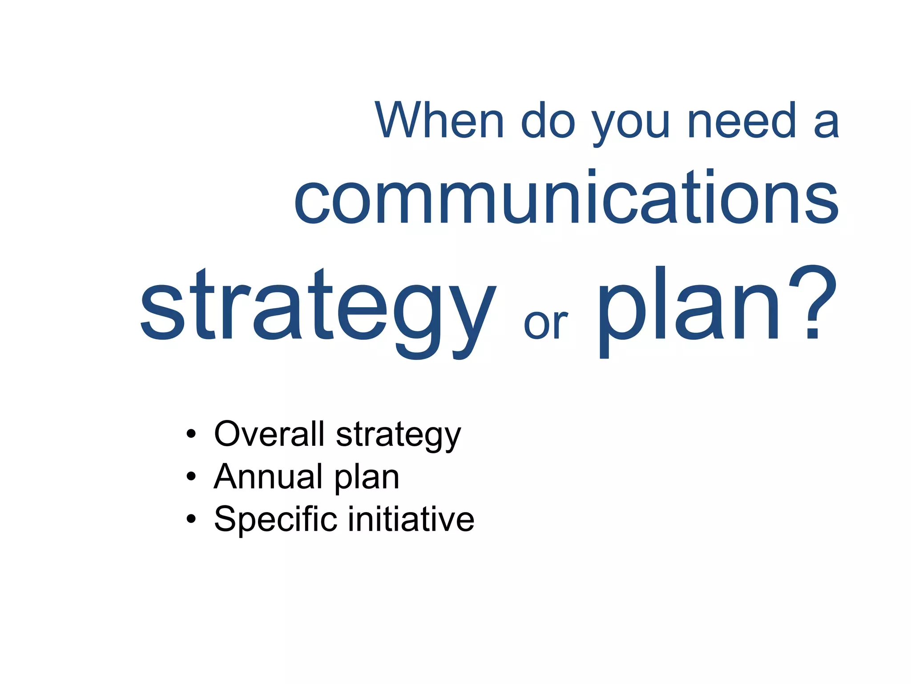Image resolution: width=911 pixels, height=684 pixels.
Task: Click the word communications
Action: click(x=566, y=197)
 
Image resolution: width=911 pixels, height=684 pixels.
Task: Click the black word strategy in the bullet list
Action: click(x=398, y=436)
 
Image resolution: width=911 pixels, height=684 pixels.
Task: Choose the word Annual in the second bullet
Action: click(x=267, y=476)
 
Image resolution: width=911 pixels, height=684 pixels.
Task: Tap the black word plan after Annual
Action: click(x=367, y=478)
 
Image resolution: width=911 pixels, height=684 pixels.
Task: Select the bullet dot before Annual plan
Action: click(x=191, y=476)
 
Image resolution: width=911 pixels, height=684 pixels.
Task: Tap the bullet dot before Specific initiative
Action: click(x=191, y=519)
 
